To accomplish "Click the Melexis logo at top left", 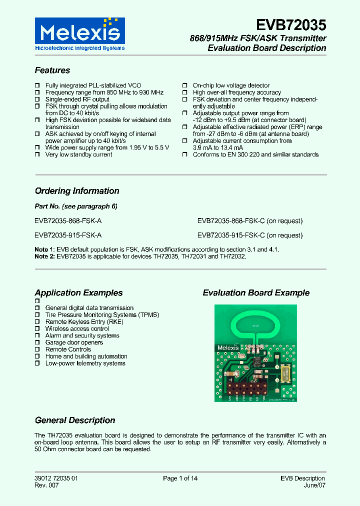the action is click(x=79, y=34).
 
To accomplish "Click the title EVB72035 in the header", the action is click(x=291, y=25).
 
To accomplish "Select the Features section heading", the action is click(x=52, y=70).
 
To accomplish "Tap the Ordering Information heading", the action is click(x=77, y=191).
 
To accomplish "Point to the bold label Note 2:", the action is click(x=44, y=256).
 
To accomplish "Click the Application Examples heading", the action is click(x=78, y=293).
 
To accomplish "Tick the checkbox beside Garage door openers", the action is click(x=37, y=343).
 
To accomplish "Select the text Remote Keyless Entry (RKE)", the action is click(x=84, y=322).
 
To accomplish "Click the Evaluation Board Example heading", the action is click(x=256, y=293).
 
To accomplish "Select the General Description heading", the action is click(x=75, y=420).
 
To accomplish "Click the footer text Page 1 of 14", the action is click(x=180, y=478).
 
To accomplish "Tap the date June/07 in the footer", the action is click(x=315, y=485).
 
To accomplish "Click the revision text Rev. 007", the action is click(x=46, y=485).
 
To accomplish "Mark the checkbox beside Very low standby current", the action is click(x=37, y=155).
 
